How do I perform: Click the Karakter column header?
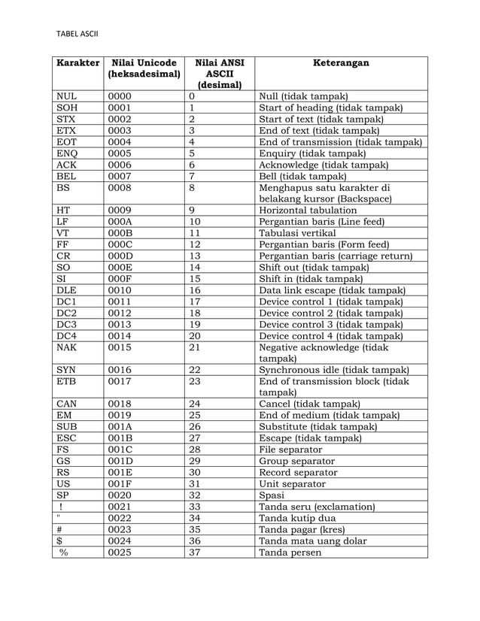pyautogui.click(x=77, y=63)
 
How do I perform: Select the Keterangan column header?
pyautogui.click(x=341, y=63)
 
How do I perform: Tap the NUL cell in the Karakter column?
pyautogui.click(x=65, y=96)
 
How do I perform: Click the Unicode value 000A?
pyautogui.click(x=120, y=222)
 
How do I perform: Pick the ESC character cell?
pyautogui.click(x=65, y=437)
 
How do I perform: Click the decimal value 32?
pyautogui.click(x=195, y=495)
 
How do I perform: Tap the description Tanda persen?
pyautogui.click(x=289, y=553)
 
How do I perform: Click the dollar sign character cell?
pyautogui.click(x=59, y=541)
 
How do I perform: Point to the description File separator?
pyautogui.click(x=290, y=449)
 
